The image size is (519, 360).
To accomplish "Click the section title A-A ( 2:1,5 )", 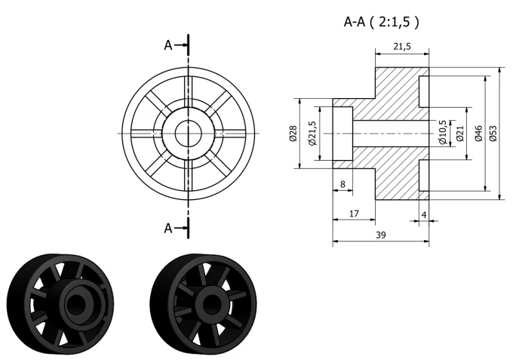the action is point(381,22).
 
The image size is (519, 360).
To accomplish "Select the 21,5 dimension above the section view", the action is point(402,47).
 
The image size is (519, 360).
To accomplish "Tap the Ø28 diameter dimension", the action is point(293,134).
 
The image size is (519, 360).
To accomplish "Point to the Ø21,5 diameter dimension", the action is point(313,133).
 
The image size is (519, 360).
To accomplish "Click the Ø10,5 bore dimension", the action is point(443,132).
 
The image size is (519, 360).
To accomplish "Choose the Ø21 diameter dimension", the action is point(460,134).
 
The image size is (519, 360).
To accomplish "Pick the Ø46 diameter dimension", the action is point(478,134).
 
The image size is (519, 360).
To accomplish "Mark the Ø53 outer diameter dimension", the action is point(493,134).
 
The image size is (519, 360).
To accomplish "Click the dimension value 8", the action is point(342,184).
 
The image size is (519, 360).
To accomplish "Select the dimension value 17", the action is point(354,214).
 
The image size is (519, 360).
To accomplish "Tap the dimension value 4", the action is point(424,215).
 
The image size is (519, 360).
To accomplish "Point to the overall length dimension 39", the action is point(381,235).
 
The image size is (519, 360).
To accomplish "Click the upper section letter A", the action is point(168,45).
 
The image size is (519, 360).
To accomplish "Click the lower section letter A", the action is point(168,228).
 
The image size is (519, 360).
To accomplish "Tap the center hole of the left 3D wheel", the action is point(75,303).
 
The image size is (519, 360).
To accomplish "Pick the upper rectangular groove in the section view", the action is point(424,91).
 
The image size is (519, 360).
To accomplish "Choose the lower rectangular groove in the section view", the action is point(424,176).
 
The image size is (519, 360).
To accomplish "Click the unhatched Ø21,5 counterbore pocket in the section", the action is point(342,134).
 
